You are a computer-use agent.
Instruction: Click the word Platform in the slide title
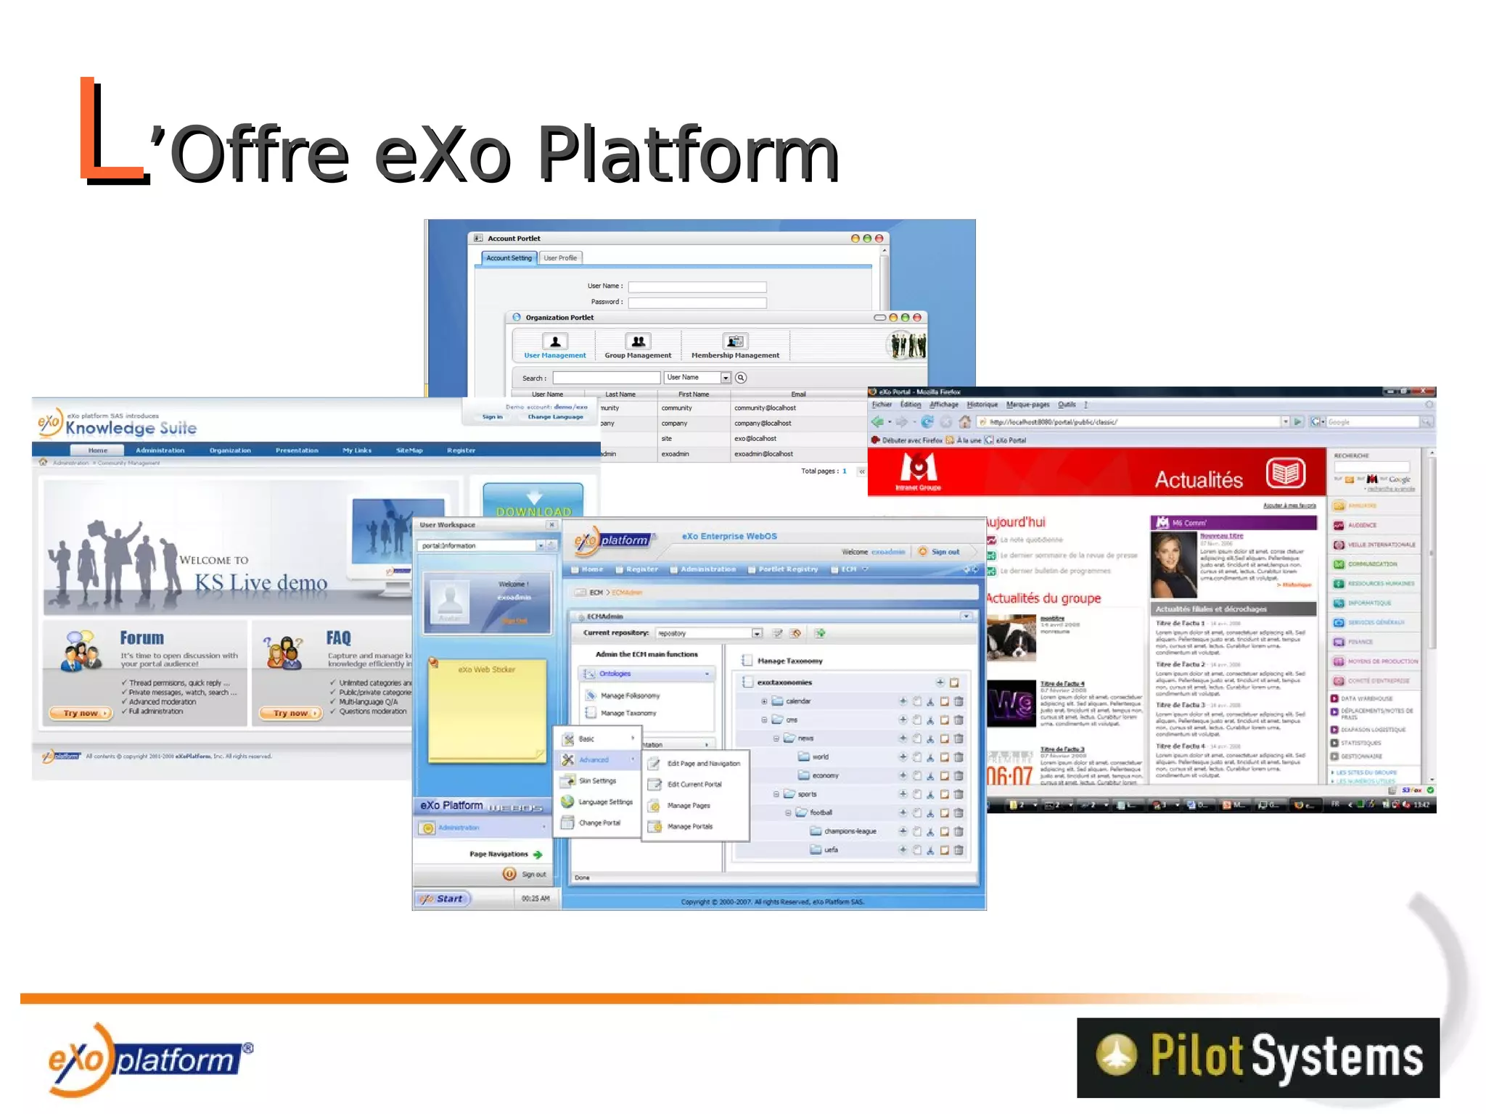pyautogui.click(x=687, y=154)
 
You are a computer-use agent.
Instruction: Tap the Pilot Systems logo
pyautogui.click(x=1257, y=1057)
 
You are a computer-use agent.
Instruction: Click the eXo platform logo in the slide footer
pyautogui.click(x=149, y=1060)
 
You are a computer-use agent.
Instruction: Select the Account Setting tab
pyautogui.click(x=509, y=258)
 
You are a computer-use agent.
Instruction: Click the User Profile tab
pyautogui.click(x=560, y=258)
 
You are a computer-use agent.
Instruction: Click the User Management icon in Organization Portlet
pyautogui.click(x=555, y=342)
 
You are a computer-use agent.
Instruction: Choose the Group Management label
pyautogui.click(x=638, y=355)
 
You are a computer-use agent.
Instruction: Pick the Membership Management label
pyautogui.click(x=735, y=355)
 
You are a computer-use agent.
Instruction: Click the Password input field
pyautogui.click(x=697, y=302)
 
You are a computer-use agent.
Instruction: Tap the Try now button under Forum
pyautogui.click(x=81, y=713)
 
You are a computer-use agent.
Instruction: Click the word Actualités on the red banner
pyautogui.click(x=1199, y=479)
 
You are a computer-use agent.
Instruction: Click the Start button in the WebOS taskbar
pyautogui.click(x=443, y=899)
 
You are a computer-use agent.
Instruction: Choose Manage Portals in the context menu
pyautogui.click(x=689, y=826)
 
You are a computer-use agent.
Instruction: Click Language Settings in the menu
pyautogui.click(x=605, y=802)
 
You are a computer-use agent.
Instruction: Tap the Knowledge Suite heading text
pyautogui.click(x=131, y=428)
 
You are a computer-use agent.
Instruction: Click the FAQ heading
pyautogui.click(x=338, y=638)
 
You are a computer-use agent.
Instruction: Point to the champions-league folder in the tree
pyautogui.click(x=850, y=831)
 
